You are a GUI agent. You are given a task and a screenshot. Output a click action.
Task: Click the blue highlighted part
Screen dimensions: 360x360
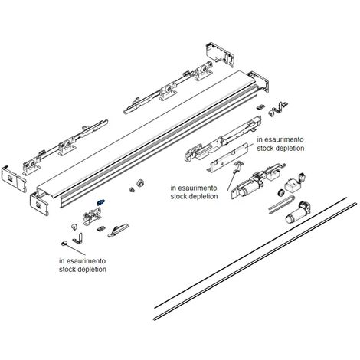(100, 202)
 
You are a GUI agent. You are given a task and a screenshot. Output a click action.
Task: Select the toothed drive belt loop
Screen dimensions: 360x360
(282, 203)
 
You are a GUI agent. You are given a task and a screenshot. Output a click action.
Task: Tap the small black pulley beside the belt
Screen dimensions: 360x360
(281, 192)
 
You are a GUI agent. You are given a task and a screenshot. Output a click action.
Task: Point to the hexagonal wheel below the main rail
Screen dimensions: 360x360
(140, 183)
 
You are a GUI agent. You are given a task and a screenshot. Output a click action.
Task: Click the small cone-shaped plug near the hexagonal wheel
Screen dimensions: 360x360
(132, 190)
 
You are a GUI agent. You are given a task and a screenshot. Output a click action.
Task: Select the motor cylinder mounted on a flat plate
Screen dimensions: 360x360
(247, 187)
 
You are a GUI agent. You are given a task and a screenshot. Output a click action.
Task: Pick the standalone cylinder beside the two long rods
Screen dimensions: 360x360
(298, 213)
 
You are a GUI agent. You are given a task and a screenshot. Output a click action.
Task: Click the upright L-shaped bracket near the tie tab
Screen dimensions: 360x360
(78, 237)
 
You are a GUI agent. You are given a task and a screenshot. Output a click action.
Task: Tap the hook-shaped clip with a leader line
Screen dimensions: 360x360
(239, 165)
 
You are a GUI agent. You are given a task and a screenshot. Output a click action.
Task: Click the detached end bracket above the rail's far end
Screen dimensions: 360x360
(220, 54)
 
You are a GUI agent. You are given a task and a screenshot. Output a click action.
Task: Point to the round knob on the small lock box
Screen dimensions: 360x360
(302, 177)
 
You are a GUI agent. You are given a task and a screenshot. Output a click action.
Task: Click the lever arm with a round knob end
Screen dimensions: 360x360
(118, 230)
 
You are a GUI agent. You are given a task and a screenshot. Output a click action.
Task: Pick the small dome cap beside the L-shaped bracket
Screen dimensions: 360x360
(74, 227)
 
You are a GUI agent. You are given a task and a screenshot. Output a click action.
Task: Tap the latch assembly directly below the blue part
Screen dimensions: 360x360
(92, 216)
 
